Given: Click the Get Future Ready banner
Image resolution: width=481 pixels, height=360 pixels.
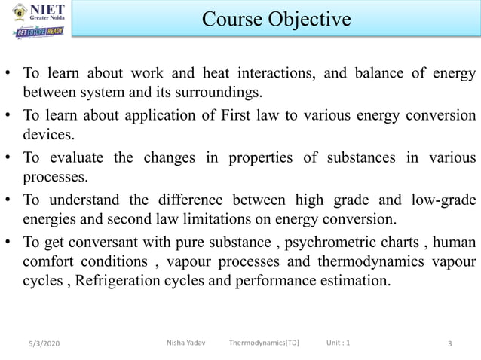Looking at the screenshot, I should coord(39,32).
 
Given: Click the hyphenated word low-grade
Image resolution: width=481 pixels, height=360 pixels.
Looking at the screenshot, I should coord(444,200).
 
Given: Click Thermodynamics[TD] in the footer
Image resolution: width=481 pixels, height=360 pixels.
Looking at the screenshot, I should coord(264,343).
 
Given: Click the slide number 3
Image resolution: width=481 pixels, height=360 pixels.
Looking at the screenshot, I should coord(449,344).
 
